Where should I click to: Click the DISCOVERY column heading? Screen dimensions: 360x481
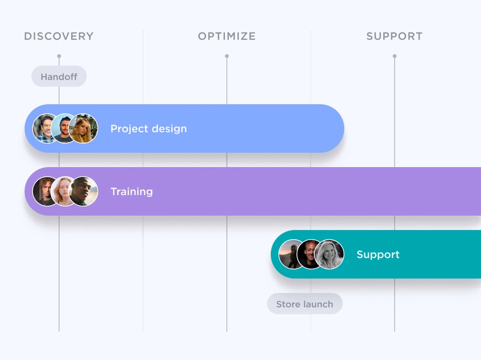coord(59,36)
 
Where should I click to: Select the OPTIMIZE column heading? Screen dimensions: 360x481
coord(227,36)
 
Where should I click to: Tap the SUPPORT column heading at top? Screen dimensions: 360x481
coord(394,36)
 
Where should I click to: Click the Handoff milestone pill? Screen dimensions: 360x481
coord(59,77)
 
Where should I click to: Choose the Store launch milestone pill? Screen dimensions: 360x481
coord(305,304)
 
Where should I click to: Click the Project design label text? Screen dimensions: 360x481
coord(148,129)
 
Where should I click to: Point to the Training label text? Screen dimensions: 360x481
coord(131,192)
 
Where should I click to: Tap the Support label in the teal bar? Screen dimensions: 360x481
coord(378,254)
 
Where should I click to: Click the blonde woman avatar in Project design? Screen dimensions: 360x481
coord(84,128)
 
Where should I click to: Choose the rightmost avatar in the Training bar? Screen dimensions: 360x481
coord(84,191)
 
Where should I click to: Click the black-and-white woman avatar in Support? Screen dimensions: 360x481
coord(330,254)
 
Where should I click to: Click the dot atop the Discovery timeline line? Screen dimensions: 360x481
coord(59,56)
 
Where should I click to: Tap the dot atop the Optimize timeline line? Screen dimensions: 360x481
coord(227,56)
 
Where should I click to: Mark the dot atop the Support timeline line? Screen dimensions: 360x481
coord(395,56)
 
